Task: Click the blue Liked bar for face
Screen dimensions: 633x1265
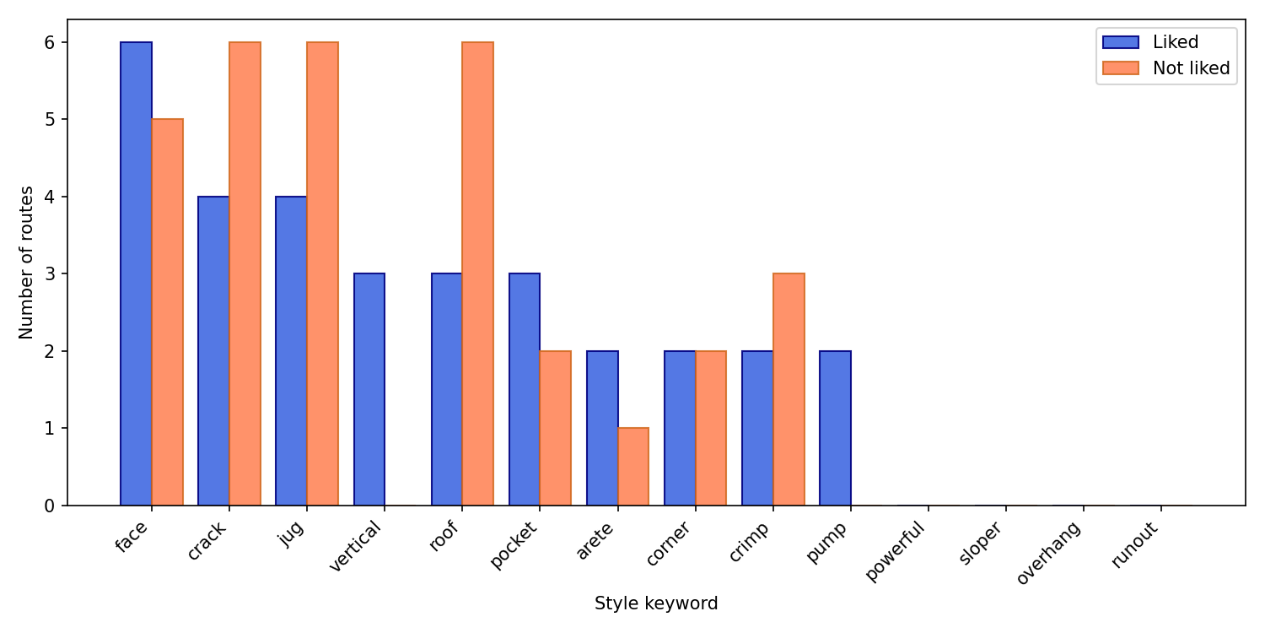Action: click(x=136, y=273)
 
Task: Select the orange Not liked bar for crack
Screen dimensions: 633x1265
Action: click(x=245, y=273)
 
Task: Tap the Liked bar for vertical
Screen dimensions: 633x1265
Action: click(x=369, y=389)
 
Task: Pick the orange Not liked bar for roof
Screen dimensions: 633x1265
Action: click(x=477, y=273)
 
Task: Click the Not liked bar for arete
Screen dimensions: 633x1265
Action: click(x=633, y=467)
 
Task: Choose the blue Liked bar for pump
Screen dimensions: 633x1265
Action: click(x=835, y=428)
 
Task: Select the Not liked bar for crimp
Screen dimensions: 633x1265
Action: click(x=789, y=389)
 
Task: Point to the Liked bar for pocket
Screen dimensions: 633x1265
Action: click(x=525, y=389)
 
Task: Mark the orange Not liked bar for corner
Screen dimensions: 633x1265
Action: click(x=711, y=428)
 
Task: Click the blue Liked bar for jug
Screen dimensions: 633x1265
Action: click(x=291, y=351)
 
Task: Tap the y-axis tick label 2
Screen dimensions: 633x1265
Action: click(x=51, y=351)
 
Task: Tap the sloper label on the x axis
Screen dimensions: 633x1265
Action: click(x=980, y=544)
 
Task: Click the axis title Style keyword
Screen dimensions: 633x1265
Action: click(x=656, y=604)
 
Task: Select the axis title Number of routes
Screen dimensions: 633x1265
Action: click(x=27, y=262)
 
